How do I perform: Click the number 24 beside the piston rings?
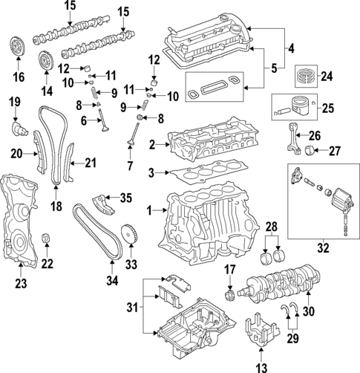tap(327, 74)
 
